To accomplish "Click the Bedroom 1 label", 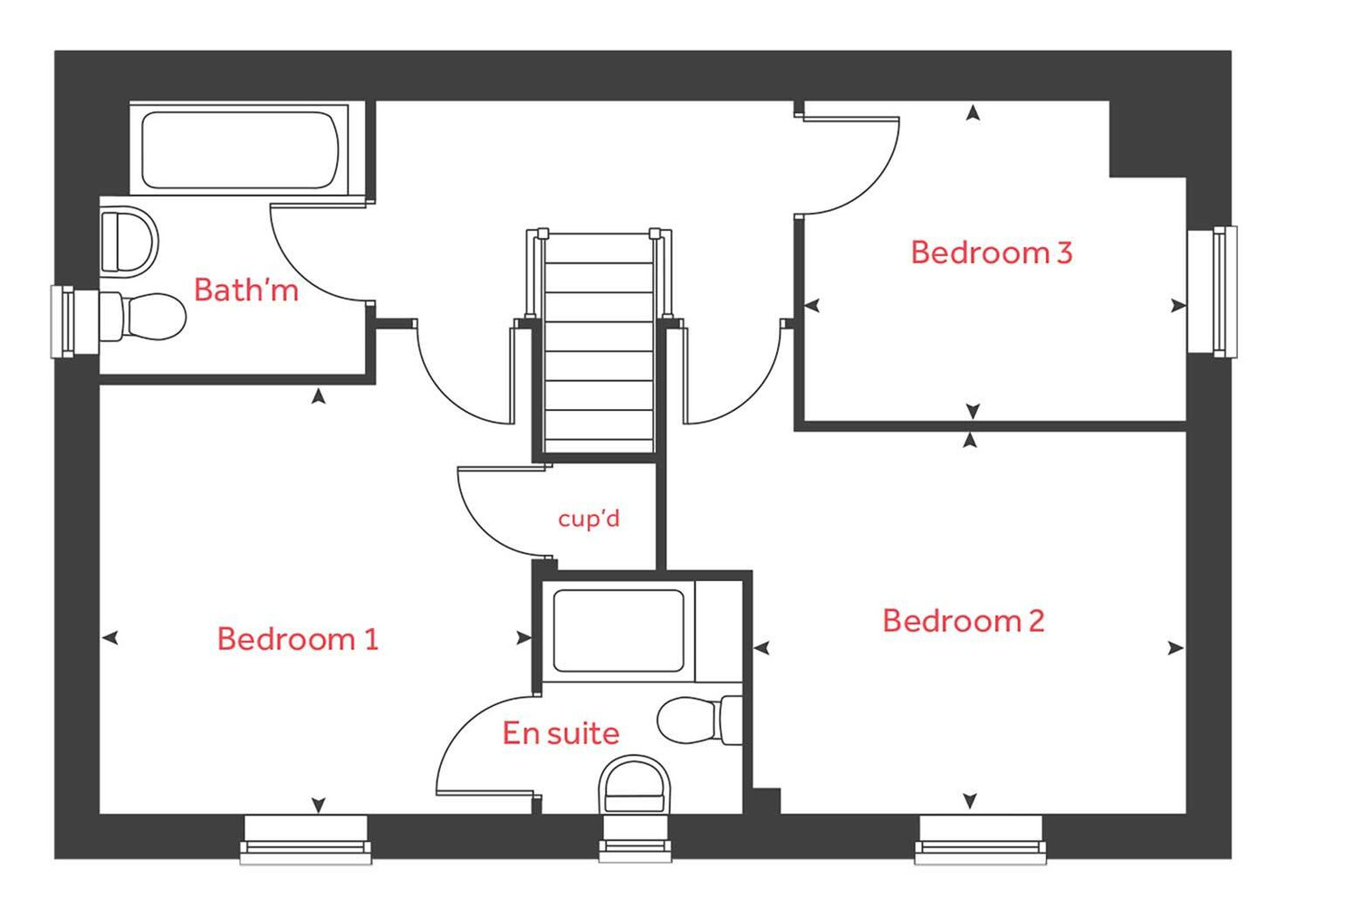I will coord(297,639).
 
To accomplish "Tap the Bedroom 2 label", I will coord(963,621).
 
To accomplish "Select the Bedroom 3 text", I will coord(991,253).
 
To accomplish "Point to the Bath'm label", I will coord(245,290).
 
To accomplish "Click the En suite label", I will coord(561,733).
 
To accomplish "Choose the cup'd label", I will coord(589,519).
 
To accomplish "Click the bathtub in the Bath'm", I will coord(240,149).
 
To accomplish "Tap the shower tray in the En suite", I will coord(619,631).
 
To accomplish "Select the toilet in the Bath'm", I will coord(145,317).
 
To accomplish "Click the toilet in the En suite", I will coord(697,720).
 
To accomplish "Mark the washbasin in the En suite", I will coord(635,786).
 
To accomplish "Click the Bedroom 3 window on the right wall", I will coord(1213,291).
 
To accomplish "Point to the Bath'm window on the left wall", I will coord(63,321).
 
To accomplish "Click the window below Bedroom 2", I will coord(980,840).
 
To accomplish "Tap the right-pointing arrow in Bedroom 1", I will coord(523,638).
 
